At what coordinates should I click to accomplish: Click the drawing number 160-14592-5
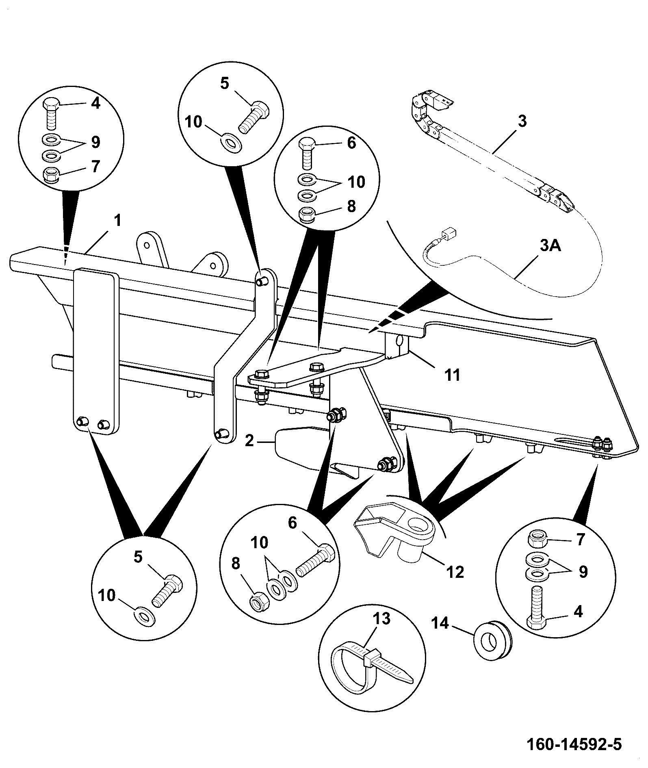(x=574, y=744)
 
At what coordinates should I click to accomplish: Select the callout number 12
(x=455, y=572)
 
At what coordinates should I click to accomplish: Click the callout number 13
(x=382, y=619)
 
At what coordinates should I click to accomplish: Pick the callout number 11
(x=453, y=375)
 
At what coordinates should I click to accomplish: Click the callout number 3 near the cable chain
(x=522, y=121)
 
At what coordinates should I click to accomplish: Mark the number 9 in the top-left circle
(x=95, y=142)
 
